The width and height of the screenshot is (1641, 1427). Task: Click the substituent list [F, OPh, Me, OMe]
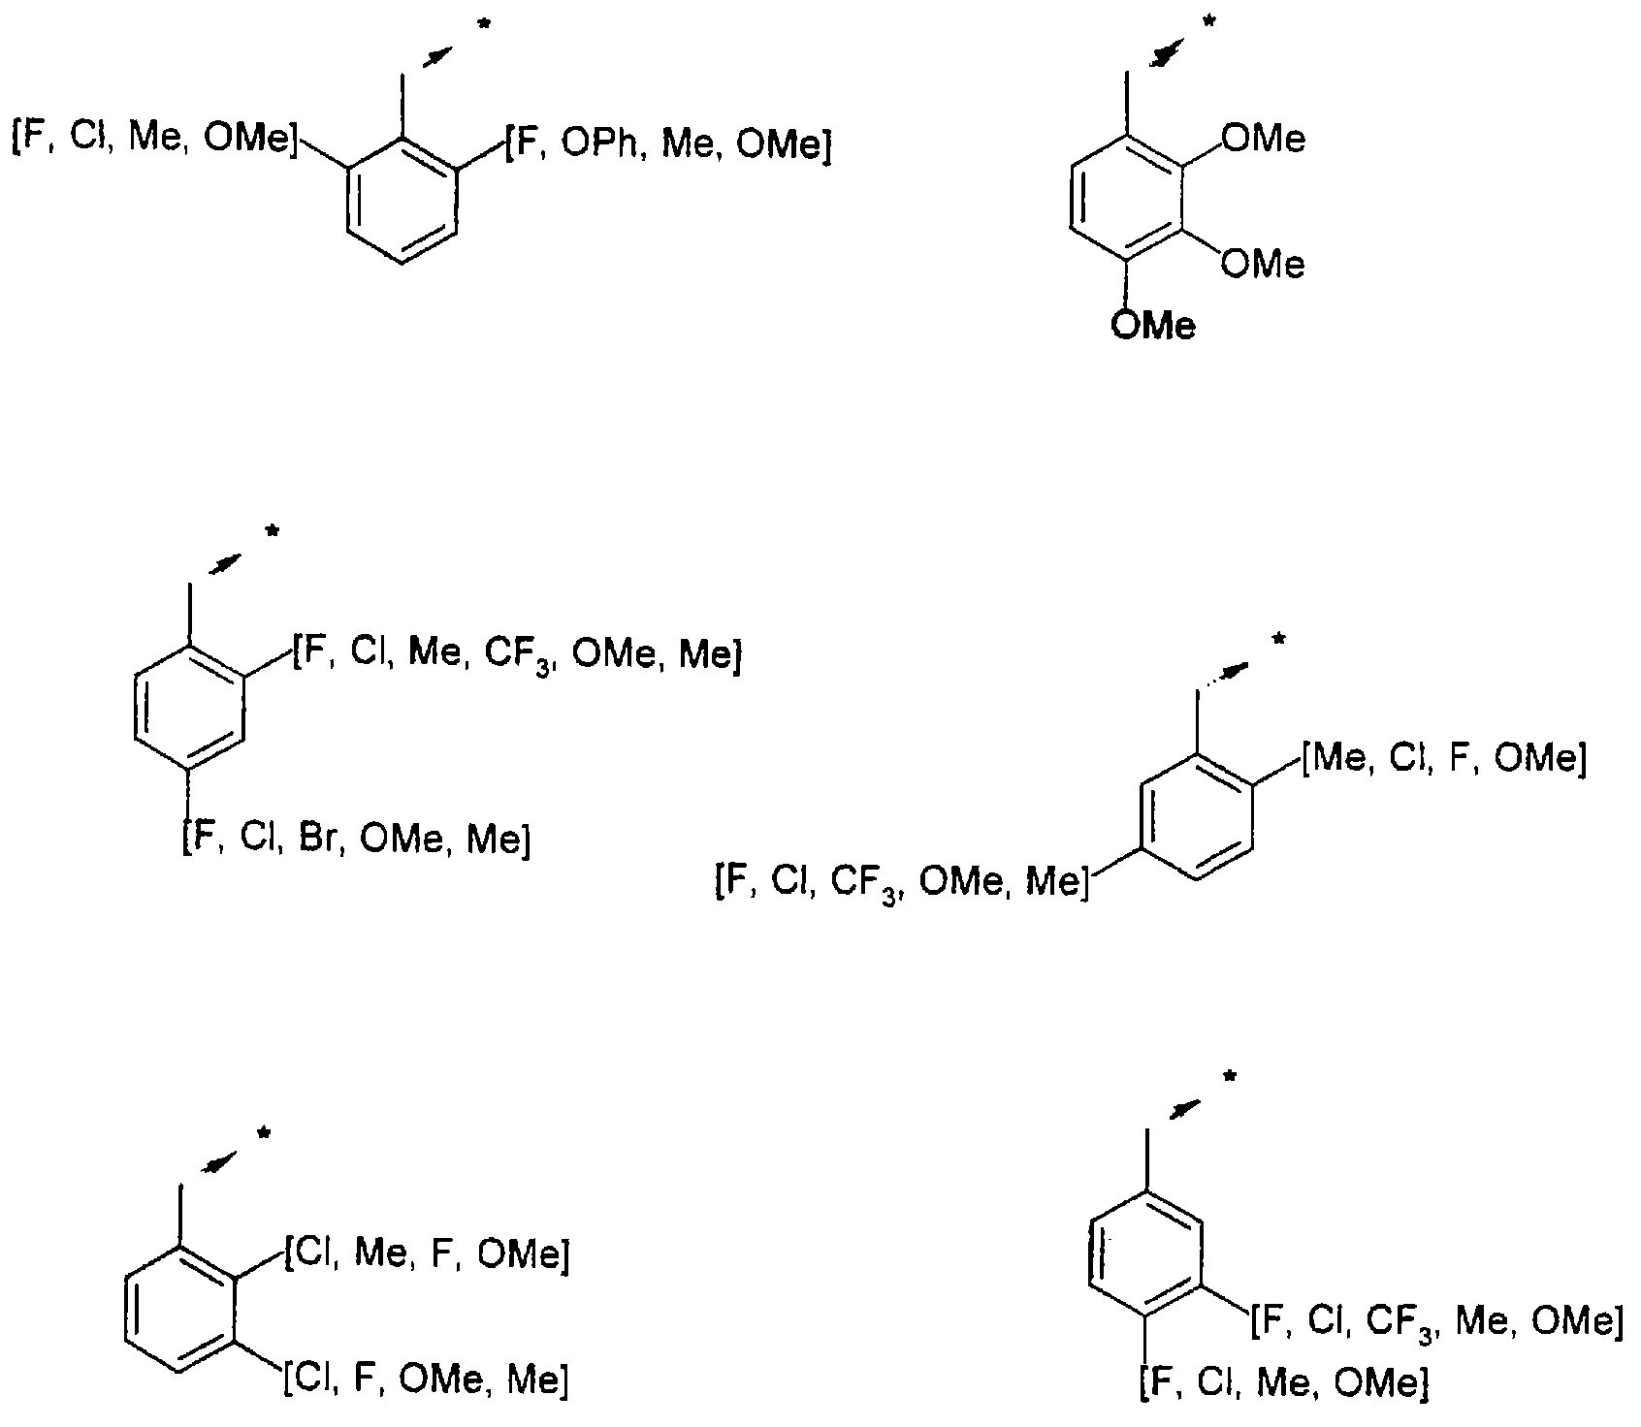(x=668, y=146)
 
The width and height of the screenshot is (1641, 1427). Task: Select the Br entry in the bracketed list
(x=317, y=839)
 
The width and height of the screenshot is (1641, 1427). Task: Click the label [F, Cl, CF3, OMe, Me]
(x=901, y=883)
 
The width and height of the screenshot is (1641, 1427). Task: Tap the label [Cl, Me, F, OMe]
(x=426, y=1256)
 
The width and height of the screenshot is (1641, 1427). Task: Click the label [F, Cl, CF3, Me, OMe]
(x=1437, y=1322)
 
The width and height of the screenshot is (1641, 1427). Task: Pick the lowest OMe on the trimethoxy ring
(x=1153, y=326)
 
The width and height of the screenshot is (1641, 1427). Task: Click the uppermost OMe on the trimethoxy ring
(x=1264, y=140)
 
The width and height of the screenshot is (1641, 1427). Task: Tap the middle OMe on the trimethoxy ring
(x=1264, y=264)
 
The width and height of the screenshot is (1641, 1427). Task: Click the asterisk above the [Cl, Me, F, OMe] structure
(x=262, y=1133)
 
